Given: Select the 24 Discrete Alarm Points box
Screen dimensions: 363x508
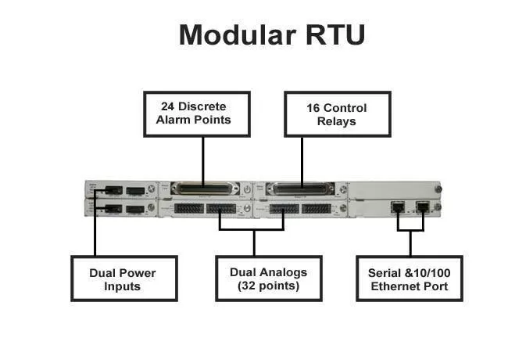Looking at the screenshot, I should (x=202, y=113).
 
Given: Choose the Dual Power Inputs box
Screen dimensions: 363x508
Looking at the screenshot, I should (x=123, y=279).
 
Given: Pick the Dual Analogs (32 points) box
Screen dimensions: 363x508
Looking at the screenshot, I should (x=268, y=279).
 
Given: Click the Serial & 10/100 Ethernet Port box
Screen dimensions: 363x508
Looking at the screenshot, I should (x=410, y=279).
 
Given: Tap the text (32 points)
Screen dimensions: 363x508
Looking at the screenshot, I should (x=268, y=286).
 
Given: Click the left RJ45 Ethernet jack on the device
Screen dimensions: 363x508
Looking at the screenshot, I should (x=398, y=208).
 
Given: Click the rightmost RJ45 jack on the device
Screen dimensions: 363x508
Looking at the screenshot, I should (x=423, y=208).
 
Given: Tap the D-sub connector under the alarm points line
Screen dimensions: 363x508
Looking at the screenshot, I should (x=202, y=189).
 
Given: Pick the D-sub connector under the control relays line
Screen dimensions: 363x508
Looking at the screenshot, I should (x=301, y=189).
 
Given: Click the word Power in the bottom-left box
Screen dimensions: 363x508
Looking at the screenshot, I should (x=140, y=272).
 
